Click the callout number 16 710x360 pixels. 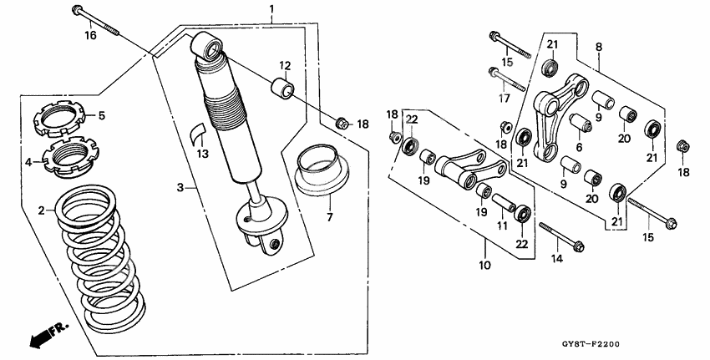coord(90,35)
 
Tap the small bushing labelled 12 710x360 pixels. coord(282,88)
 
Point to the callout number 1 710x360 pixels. coord(271,9)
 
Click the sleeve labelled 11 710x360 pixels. coord(503,201)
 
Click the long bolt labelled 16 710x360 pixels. coord(98,21)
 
